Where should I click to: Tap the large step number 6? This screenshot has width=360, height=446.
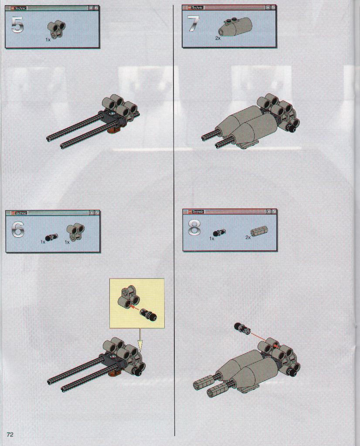[x=18, y=230]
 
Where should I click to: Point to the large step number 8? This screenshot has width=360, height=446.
[x=194, y=228]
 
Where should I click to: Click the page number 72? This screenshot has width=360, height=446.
[x=10, y=434]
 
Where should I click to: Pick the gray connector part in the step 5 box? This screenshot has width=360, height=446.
[x=56, y=29]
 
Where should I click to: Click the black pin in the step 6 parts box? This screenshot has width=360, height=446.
[x=51, y=237]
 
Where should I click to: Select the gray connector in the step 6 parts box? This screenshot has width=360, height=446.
[x=75, y=232]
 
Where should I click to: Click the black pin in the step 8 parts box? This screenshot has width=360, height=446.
[x=219, y=233]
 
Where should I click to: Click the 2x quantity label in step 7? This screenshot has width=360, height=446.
[x=218, y=38]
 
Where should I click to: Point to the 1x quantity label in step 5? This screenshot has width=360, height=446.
[x=48, y=40]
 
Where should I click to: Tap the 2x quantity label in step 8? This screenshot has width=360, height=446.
[x=248, y=237]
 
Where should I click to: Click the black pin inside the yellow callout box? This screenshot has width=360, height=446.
[x=149, y=315]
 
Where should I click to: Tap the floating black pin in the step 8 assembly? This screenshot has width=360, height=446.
[x=242, y=329]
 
